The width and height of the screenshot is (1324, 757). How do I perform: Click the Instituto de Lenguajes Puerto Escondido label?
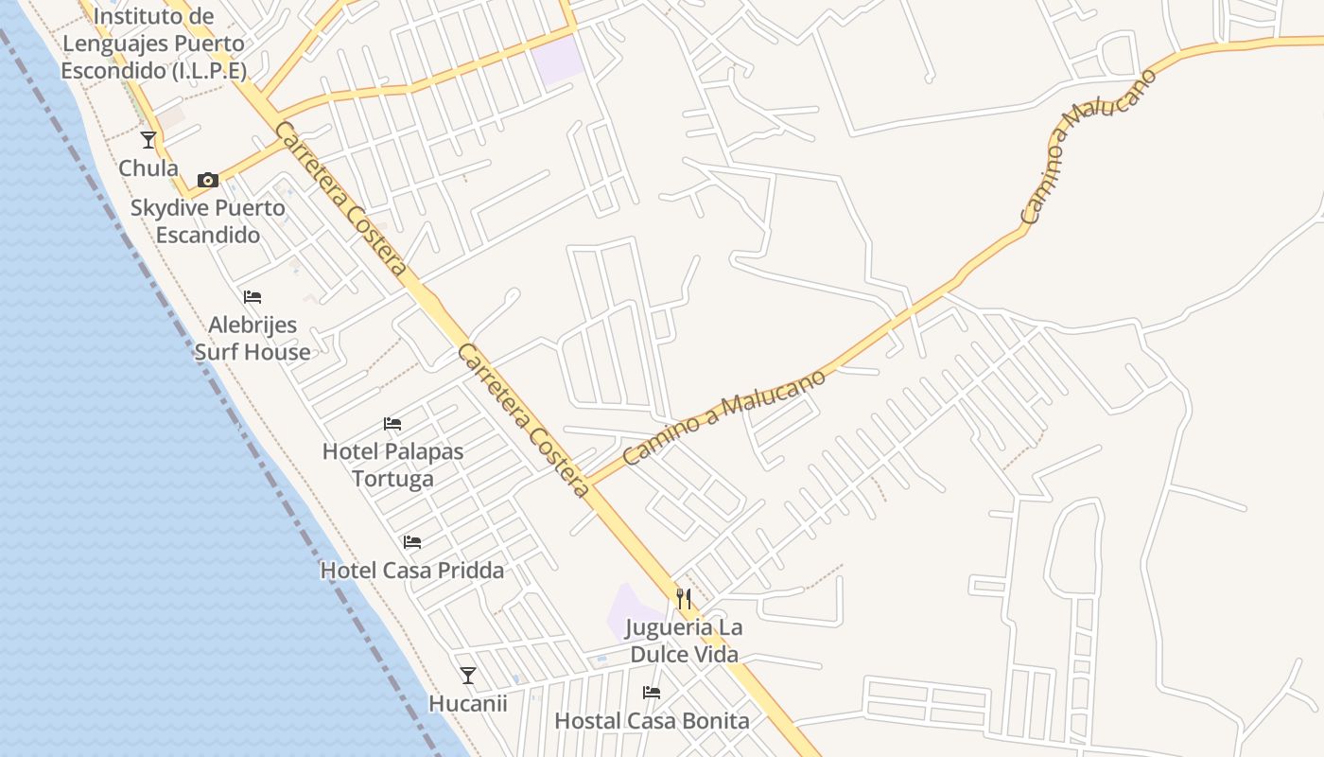point(153,44)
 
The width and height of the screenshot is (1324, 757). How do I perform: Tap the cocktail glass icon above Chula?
point(148,140)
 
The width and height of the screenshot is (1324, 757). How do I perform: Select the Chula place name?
point(148,168)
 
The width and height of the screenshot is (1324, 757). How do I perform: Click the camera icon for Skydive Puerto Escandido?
point(208,180)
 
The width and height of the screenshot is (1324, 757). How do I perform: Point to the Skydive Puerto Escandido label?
point(208,221)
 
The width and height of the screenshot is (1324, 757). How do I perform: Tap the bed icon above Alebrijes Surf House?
point(253,297)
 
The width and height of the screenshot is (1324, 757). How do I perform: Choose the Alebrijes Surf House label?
point(253,339)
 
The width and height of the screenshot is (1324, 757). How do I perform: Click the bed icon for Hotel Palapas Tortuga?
point(392,424)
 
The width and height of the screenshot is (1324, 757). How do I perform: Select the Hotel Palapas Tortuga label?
point(393,465)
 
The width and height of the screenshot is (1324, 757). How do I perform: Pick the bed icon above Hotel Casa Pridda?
point(412,542)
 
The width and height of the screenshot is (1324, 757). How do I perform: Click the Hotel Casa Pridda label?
point(412,571)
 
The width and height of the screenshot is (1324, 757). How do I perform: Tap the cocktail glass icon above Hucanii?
point(468,676)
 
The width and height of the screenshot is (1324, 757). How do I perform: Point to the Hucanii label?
point(468,704)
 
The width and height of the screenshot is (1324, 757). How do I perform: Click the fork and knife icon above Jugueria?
point(684,599)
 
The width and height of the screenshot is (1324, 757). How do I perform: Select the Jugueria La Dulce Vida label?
point(685,641)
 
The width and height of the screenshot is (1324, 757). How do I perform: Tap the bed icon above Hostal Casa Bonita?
point(652,693)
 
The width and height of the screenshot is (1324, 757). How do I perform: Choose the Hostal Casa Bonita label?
point(652,721)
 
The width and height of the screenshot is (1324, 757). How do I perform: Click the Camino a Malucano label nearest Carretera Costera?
point(724,416)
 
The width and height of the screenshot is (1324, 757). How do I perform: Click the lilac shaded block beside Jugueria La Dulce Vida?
point(626,613)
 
